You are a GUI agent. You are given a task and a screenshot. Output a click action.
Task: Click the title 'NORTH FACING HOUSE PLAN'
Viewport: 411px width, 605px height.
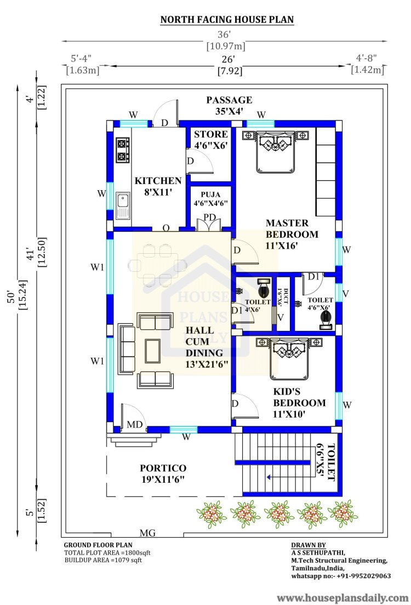(227, 19)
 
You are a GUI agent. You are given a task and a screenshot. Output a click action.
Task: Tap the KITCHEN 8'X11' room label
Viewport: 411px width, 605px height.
(158, 186)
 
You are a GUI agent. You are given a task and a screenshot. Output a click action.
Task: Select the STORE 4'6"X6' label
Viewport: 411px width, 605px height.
(211, 140)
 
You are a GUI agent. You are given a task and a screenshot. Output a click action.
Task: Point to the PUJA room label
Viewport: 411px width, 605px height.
(210, 199)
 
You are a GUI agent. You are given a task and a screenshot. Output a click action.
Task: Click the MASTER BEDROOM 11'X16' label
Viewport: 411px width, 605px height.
(292, 234)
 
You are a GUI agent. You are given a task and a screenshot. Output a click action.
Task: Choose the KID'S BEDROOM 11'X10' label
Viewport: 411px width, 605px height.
(299, 403)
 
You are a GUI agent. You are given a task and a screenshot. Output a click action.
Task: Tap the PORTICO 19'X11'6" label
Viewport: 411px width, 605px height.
(163, 474)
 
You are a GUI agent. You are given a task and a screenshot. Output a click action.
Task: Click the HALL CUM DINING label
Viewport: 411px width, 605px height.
(207, 347)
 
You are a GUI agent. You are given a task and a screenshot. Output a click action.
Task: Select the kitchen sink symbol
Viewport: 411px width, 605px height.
(123, 206)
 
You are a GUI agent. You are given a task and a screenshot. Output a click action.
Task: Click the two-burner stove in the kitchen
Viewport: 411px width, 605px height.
(123, 150)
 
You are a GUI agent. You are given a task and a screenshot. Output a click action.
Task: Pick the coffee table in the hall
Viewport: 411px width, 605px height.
(153, 351)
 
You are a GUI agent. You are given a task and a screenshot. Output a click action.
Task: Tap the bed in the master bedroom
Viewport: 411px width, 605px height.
(276, 152)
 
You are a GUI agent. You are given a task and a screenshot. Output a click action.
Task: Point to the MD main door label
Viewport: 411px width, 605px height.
(135, 425)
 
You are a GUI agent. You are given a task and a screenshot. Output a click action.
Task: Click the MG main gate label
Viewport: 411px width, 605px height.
(147, 533)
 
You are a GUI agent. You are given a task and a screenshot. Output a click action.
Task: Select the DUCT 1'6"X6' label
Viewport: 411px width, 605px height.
(283, 297)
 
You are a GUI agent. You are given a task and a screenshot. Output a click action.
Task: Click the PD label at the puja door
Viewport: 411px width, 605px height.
(209, 217)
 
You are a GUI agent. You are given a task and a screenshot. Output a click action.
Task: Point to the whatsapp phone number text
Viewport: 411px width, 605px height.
(341, 575)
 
